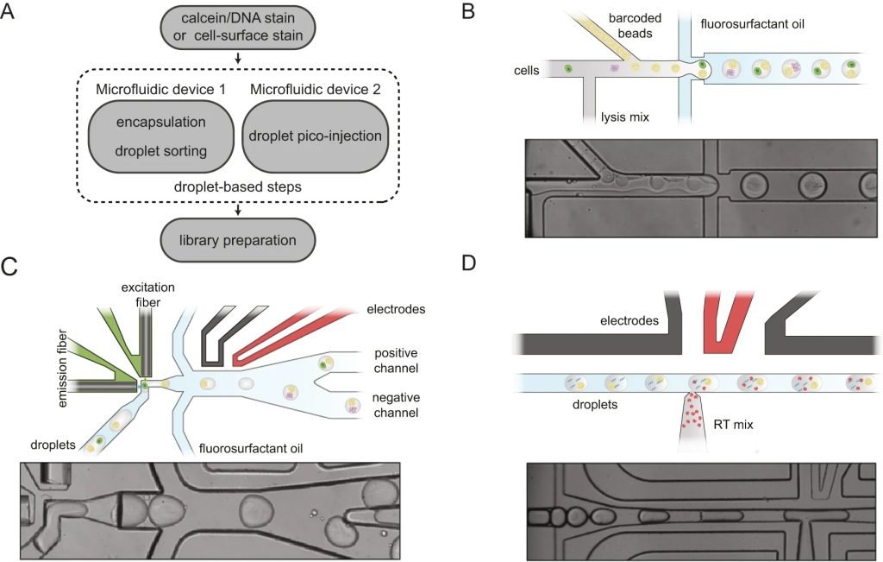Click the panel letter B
(x=468, y=13)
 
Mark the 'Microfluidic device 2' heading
(x=313, y=89)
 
